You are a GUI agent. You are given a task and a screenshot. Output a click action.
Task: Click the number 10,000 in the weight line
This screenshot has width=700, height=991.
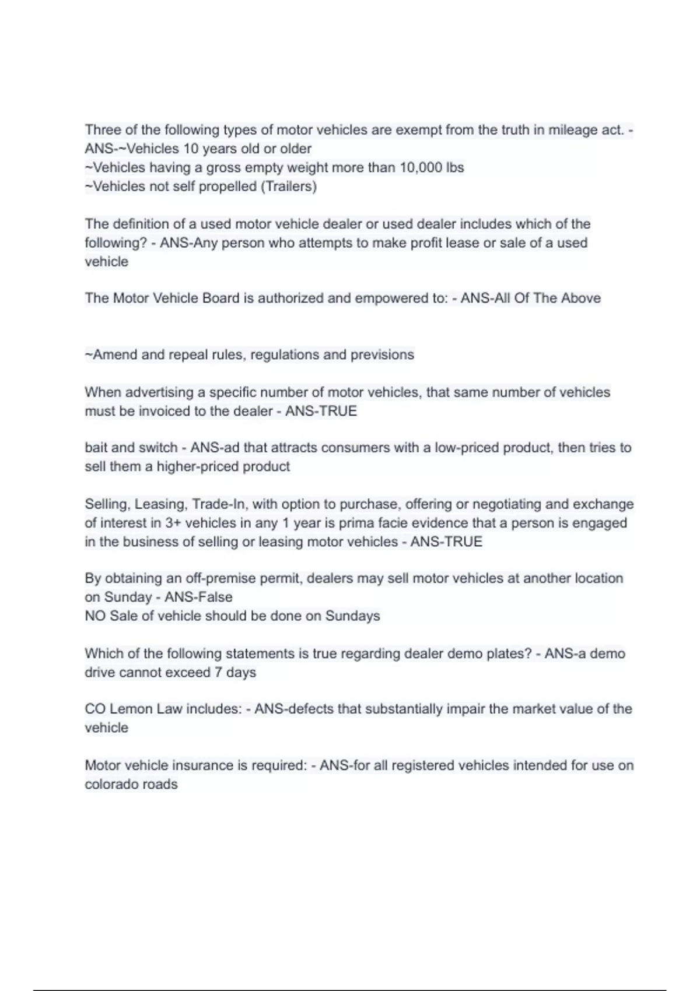click(x=421, y=168)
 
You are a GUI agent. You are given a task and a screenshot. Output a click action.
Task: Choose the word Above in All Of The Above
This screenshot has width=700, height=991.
click(x=581, y=298)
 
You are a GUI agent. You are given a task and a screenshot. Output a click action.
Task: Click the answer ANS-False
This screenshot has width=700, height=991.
click(x=198, y=598)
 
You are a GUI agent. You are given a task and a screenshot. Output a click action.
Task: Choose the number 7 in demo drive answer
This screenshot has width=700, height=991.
click(x=218, y=673)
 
